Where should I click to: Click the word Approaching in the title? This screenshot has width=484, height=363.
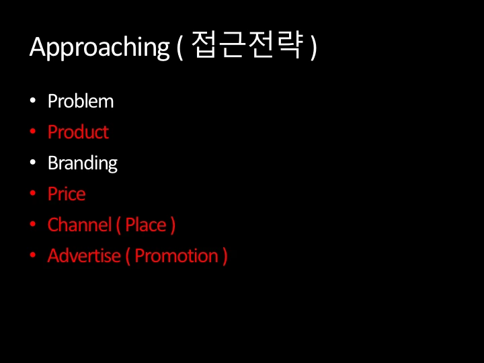[99, 48]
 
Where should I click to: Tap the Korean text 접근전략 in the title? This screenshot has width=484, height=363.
[247, 46]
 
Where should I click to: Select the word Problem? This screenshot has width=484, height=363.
[81, 102]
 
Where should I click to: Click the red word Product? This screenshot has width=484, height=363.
[78, 132]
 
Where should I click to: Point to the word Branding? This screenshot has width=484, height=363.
[82, 163]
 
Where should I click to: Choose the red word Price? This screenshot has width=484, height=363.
[67, 194]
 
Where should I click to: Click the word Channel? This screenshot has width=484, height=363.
[79, 225]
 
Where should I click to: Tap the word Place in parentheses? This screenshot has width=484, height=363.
[145, 225]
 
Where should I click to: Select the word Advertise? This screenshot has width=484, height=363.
[84, 255]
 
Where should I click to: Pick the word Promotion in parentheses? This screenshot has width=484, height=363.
[176, 255]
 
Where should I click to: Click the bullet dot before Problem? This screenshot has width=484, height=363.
[33, 102]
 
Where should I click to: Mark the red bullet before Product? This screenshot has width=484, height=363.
[33, 132]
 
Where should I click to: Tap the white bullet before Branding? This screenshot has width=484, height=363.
[33, 163]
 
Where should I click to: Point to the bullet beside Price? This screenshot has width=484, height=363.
[33, 194]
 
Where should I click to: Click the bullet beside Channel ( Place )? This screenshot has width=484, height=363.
[33, 225]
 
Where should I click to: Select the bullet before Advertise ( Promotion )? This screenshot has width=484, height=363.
[33, 256]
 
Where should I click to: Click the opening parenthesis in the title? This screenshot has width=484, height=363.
[180, 48]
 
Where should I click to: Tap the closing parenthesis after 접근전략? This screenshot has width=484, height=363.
[313, 48]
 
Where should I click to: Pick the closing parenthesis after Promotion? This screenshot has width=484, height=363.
[225, 256]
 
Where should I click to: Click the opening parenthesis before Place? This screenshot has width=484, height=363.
[118, 225]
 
